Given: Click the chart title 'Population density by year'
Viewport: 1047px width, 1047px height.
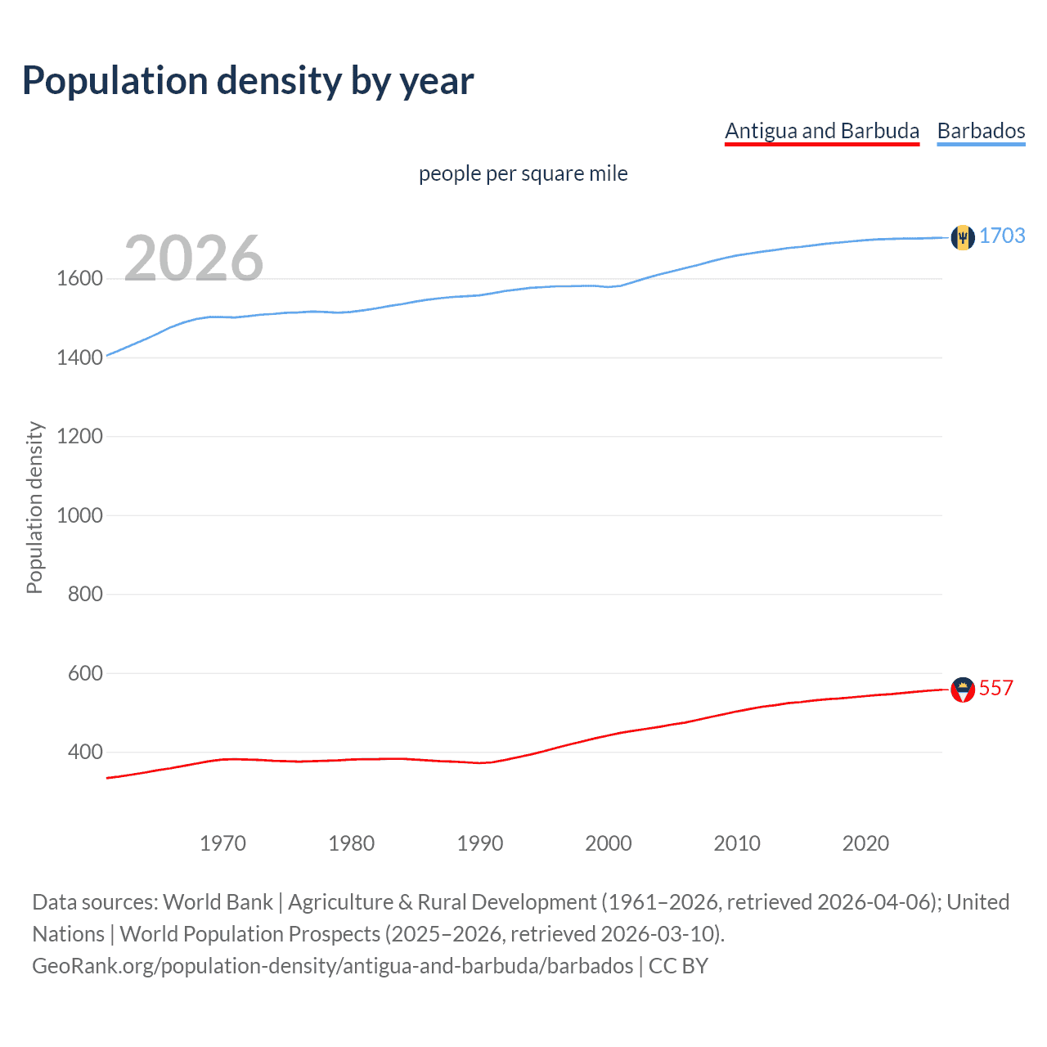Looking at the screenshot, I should [248, 81].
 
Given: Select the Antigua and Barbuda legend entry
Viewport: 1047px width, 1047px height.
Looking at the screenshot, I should [822, 131].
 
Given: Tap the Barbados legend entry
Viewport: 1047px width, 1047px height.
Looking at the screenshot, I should [981, 131].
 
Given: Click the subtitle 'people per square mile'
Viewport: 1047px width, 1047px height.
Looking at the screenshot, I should [523, 173].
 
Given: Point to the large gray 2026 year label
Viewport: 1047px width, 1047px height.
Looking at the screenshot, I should [194, 258].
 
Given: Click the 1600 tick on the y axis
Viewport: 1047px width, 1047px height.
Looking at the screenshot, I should [79, 279].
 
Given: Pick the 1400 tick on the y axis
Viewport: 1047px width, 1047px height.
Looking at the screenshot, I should [79, 357].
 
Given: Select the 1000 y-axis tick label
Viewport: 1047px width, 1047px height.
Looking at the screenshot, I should [79, 515].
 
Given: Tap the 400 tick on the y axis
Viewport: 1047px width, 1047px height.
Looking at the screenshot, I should [85, 752].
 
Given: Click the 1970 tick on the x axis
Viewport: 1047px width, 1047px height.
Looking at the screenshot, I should [222, 843].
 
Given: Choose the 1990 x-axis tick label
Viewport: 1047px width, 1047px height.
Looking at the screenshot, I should [480, 843].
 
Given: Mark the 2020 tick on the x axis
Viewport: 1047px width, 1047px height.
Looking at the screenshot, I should [865, 843].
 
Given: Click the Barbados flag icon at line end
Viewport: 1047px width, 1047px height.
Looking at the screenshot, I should [963, 237].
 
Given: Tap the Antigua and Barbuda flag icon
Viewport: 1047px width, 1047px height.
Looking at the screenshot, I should [963, 690].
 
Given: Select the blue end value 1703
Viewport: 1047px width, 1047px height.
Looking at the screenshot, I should [1002, 236].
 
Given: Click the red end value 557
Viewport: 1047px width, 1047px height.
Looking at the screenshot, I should [996, 688].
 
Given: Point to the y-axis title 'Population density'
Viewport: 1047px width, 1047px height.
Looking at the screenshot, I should [34, 507].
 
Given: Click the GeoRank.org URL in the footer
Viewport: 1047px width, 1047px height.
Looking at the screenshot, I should [333, 966].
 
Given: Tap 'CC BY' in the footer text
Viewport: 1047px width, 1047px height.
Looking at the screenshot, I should [678, 966].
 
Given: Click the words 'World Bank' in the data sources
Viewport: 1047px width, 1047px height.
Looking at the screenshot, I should [218, 902].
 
